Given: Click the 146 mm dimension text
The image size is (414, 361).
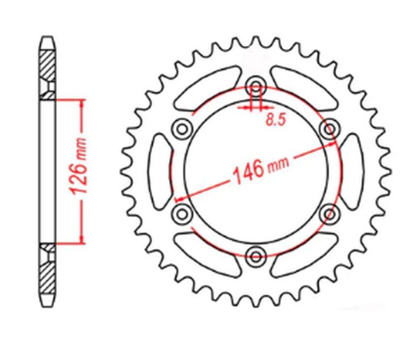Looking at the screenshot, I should (259, 169).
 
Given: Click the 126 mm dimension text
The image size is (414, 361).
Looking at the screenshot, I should (79, 171).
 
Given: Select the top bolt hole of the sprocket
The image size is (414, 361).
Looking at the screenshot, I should (255, 86).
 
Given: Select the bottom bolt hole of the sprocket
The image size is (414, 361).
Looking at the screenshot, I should (255, 254).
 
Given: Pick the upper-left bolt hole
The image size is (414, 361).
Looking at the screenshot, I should (182, 128).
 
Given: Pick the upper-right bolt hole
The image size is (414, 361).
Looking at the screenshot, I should (329, 128).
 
